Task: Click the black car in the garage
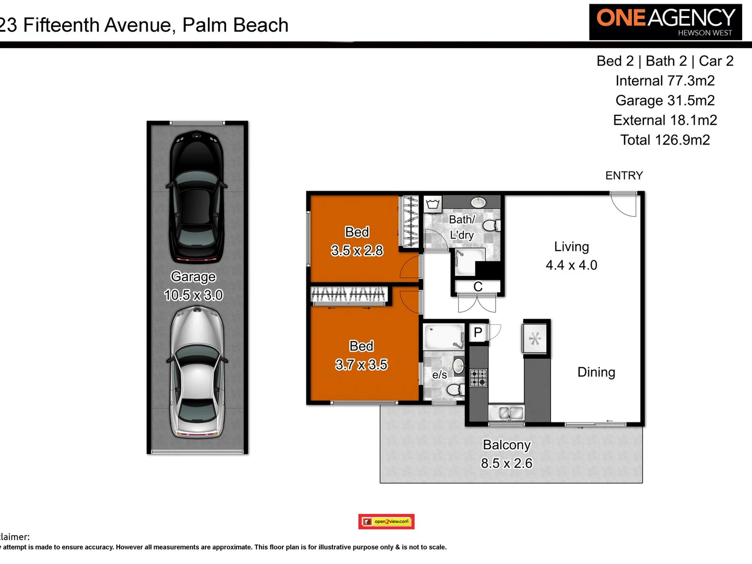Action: click(x=197, y=197)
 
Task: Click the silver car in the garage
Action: click(x=197, y=372)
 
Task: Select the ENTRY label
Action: click(x=624, y=175)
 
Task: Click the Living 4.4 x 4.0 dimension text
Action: click(x=571, y=265)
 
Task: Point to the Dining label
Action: click(x=596, y=372)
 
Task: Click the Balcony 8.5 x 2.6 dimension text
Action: click(x=507, y=463)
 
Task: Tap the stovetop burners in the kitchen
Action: click(x=478, y=377)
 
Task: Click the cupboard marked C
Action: click(x=478, y=287)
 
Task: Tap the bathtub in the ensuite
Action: click(x=444, y=337)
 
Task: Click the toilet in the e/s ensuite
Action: click(x=454, y=389)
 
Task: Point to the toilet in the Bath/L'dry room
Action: click(x=490, y=226)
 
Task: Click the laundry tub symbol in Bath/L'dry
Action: click(x=433, y=204)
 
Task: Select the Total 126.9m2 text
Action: click(x=665, y=140)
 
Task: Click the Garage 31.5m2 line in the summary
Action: click(x=665, y=100)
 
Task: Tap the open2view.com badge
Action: click(x=386, y=521)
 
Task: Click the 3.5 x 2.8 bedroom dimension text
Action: click(x=357, y=251)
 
